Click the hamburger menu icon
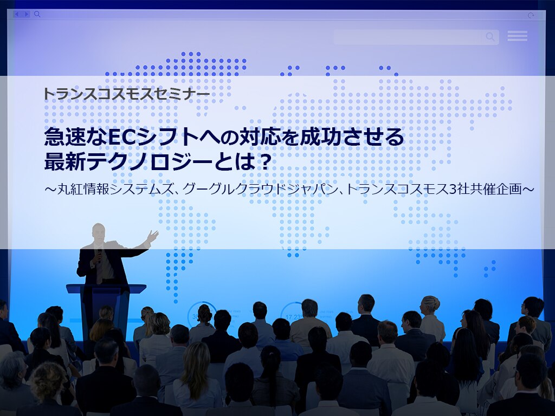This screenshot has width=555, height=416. tap(517, 36)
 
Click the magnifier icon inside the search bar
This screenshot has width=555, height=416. tap(490, 37)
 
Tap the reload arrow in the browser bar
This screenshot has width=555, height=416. tap(531, 15)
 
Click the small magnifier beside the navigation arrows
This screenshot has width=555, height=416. tap(37, 14)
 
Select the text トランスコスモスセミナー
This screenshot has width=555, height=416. tap(127, 94)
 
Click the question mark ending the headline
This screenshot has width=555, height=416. tap(266, 162)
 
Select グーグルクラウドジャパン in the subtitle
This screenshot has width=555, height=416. tap(261, 189)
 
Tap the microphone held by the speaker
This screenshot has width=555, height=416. tap(100, 256)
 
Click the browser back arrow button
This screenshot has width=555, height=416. tap(17, 14)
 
